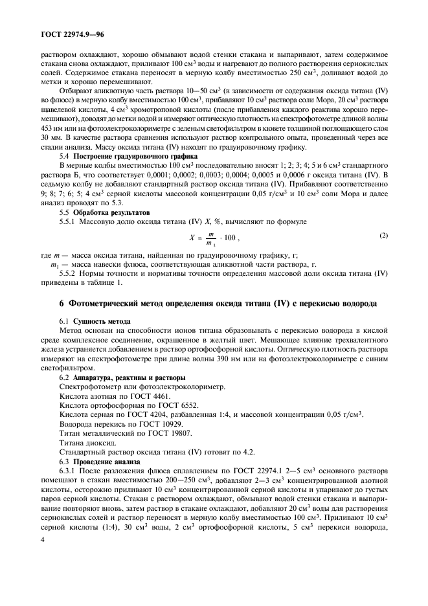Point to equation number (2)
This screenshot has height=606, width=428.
tap(384, 236)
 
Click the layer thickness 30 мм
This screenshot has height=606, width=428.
tap(52, 138)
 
